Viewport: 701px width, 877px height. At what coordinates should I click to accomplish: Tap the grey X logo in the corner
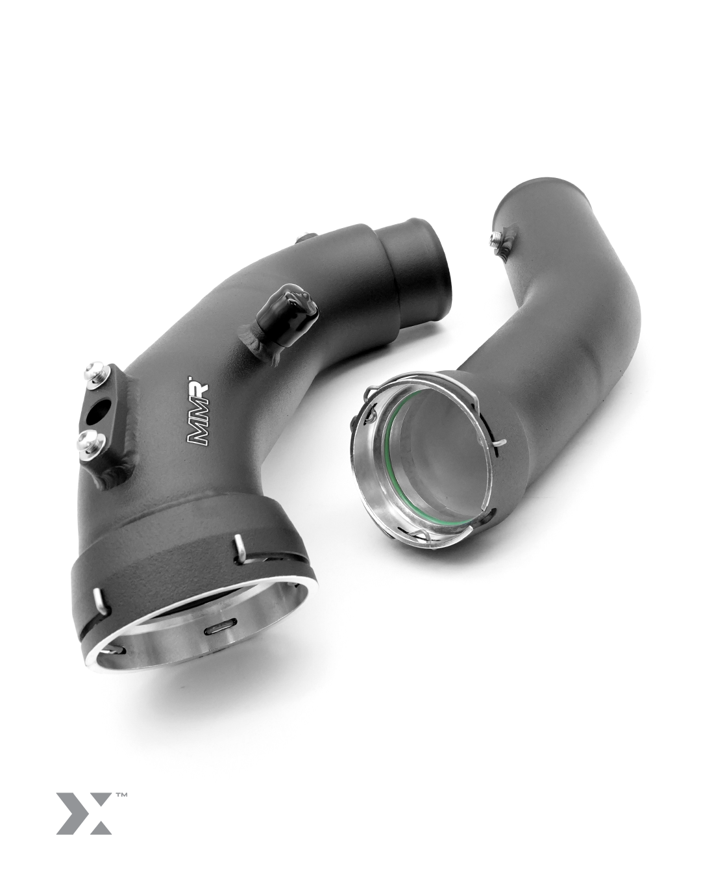84,813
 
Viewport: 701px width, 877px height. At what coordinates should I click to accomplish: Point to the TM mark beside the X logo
121,794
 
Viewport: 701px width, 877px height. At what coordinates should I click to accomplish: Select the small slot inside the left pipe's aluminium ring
217,629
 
